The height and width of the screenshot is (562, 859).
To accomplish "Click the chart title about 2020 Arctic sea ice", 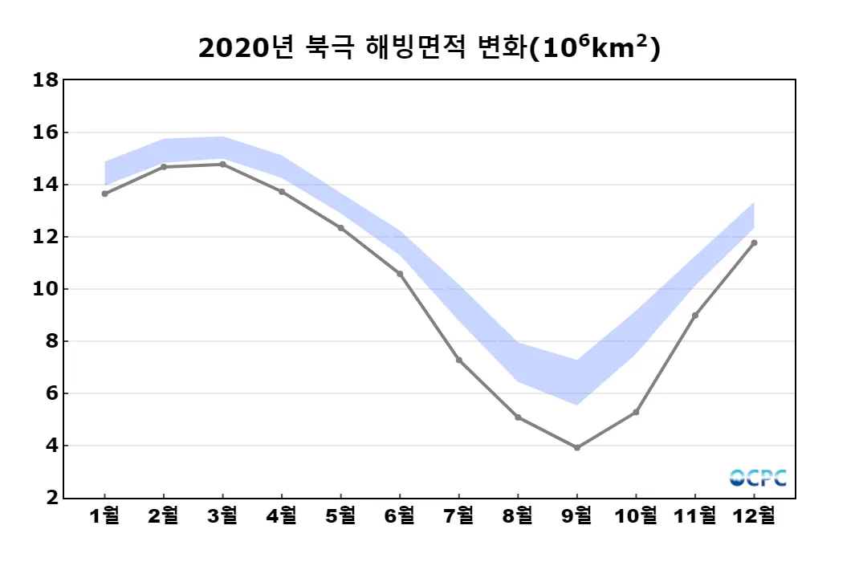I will pos(429,48).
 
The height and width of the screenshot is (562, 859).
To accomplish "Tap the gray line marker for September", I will pos(577,447).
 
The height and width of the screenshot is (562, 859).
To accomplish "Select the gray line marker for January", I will pos(104,193).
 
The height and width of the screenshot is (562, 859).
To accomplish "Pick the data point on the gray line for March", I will pos(222,164).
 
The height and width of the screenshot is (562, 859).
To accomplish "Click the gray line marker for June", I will pos(400,274).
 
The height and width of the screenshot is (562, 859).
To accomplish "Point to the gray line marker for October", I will pos(636,412).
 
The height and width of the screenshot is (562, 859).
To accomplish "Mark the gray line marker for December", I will pos(754,242).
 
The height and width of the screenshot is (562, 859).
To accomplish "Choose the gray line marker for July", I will pos(458,360).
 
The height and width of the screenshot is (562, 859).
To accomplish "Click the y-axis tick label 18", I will pos(44,80).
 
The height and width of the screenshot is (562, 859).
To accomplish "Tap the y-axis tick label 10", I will pos(44,289).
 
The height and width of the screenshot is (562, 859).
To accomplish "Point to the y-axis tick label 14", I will pos(44,185).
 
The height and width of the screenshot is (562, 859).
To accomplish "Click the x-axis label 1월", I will pos(104,515).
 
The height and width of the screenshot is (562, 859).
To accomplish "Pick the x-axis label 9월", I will pos(577,515).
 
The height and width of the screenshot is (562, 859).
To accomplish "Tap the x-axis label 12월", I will pos(754,515).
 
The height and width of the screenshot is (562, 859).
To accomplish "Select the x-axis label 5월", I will pos(340,515).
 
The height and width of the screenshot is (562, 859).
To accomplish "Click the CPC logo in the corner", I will pos(758,478).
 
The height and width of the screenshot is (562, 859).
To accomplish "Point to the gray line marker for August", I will pos(518,417).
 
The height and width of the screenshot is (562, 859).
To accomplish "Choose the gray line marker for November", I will pos(695,315).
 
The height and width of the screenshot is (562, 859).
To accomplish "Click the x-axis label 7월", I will pos(458,515).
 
